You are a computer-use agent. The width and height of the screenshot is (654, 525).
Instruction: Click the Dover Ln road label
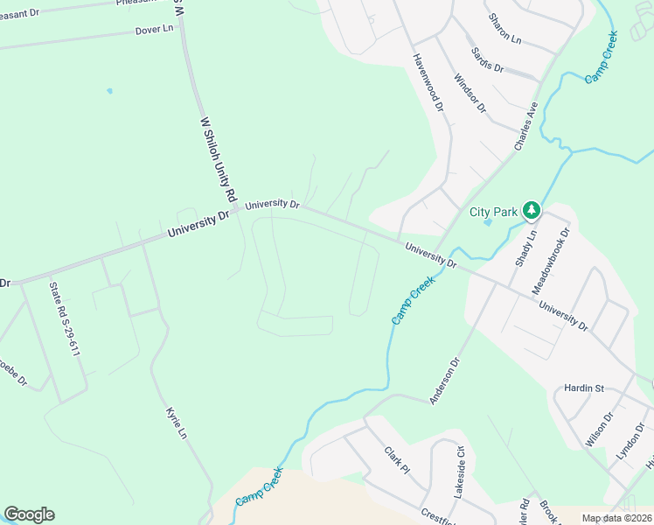coord(155,30)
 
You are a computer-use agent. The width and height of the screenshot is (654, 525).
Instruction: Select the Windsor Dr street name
coord(470,91)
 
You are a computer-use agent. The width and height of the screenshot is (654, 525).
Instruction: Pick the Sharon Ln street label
coord(504,30)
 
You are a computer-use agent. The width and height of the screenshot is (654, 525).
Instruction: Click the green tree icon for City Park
coord(531,210)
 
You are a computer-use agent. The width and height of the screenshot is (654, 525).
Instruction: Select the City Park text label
coord(493,211)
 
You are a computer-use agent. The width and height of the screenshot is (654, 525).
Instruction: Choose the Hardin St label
coord(584,388)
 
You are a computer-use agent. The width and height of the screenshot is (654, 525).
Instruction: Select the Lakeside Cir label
coord(458,472)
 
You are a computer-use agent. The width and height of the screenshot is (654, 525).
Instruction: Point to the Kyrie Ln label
coord(177,423)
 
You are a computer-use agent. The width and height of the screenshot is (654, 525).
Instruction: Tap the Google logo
coord(29,514)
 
